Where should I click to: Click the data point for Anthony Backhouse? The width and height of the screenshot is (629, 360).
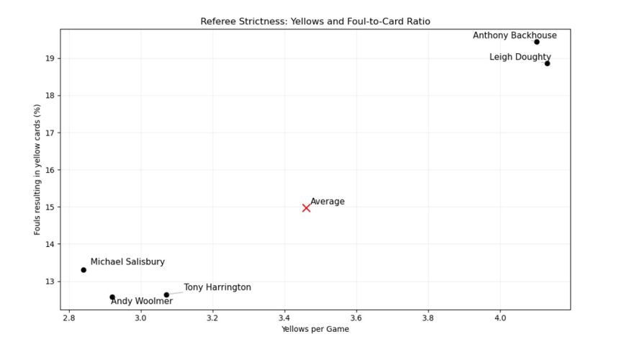pyautogui.click(x=537, y=42)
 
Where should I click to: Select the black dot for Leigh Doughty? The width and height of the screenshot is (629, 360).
pyautogui.click(x=547, y=63)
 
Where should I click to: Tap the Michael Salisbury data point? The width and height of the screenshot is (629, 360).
pyautogui.click(x=83, y=270)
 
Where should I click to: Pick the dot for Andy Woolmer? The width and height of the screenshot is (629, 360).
pyautogui.click(x=112, y=297)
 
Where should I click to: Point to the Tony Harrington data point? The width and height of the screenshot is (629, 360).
pyautogui.click(x=166, y=294)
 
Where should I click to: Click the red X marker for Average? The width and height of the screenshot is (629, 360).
pyautogui.click(x=307, y=207)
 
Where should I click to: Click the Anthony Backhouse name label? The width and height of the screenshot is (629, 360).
pyautogui.click(x=515, y=35)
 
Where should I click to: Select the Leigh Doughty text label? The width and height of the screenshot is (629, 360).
pyautogui.click(x=520, y=57)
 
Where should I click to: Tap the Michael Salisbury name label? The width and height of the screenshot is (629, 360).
pyautogui.click(x=127, y=262)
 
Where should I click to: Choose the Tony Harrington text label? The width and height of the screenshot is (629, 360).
pyautogui.click(x=217, y=287)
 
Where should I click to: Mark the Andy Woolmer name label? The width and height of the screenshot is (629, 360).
pyautogui.click(x=142, y=302)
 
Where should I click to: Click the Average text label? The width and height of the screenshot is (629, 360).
pyautogui.click(x=327, y=202)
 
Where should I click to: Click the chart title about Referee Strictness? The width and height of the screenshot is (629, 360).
pyautogui.click(x=315, y=22)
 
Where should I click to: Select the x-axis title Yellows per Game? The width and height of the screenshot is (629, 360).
pyautogui.click(x=315, y=330)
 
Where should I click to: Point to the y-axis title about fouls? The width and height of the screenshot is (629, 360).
pyautogui.click(x=37, y=170)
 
